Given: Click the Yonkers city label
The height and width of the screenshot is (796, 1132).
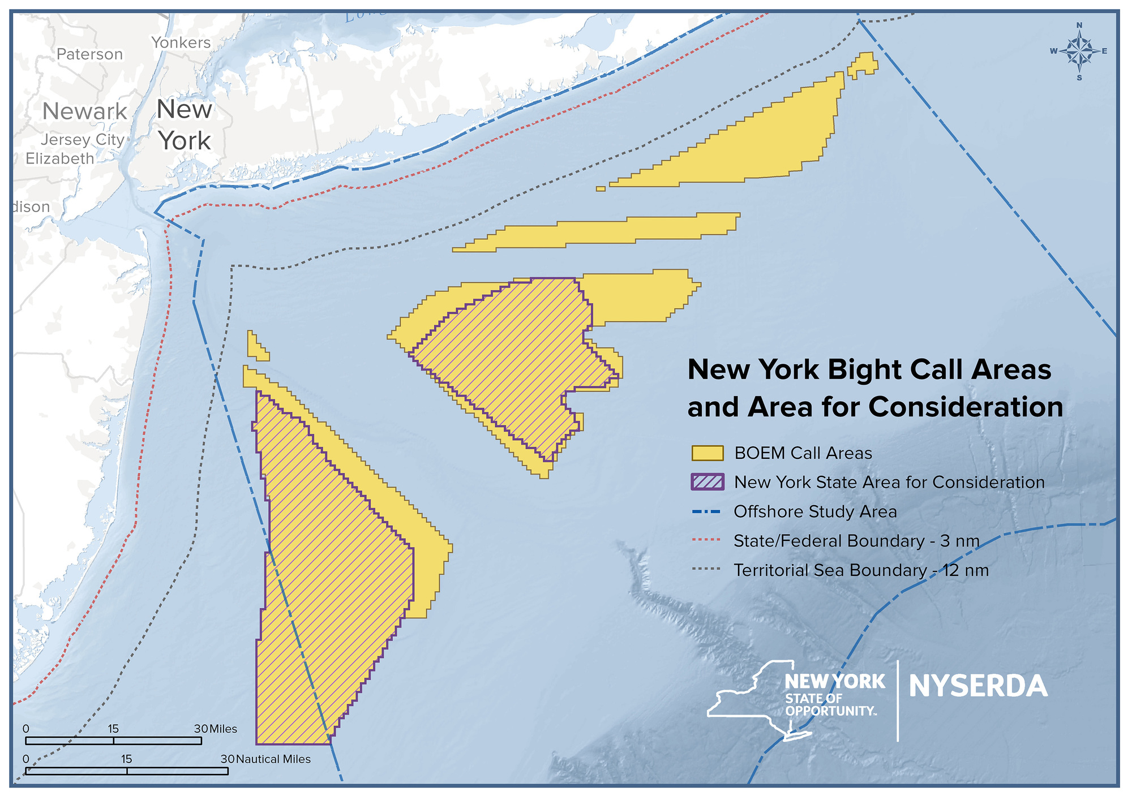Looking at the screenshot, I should [x=181, y=42].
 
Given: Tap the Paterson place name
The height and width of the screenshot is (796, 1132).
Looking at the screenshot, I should [x=89, y=54].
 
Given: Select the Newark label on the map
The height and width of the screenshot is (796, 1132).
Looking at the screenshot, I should [x=85, y=111].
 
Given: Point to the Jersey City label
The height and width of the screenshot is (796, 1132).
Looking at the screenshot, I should [x=83, y=139].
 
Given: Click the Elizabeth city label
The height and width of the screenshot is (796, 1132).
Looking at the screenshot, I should [x=60, y=158].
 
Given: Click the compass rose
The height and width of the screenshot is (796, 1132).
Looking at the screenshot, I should [x=1079, y=51].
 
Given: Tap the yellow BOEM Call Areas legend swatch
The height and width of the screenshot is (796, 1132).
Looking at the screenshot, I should [x=707, y=453].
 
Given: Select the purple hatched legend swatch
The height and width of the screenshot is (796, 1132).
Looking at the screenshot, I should [x=707, y=482].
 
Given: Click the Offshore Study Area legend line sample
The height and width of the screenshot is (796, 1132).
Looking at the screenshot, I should [x=706, y=512].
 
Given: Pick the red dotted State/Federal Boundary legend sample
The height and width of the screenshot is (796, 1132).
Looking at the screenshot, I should [x=706, y=541].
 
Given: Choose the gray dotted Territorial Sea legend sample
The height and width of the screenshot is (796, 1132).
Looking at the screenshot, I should [x=706, y=570].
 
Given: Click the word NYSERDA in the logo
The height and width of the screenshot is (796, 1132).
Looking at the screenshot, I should [x=978, y=686].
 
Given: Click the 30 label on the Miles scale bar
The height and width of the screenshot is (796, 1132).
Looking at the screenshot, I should [x=201, y=729].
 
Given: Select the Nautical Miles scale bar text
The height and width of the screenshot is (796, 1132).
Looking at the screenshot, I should [x=273, y=759].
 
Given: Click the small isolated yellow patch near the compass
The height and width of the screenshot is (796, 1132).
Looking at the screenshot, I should [x=863, y=64].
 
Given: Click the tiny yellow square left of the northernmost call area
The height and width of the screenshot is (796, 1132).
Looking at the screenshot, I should [x=601, y=188].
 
